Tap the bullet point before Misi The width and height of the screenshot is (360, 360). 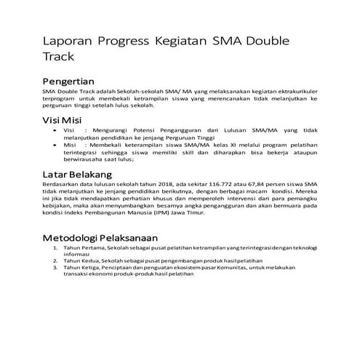point(56,145)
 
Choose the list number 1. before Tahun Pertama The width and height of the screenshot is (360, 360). point(55,249)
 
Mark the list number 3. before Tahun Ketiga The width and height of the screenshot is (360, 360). point(55,268)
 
